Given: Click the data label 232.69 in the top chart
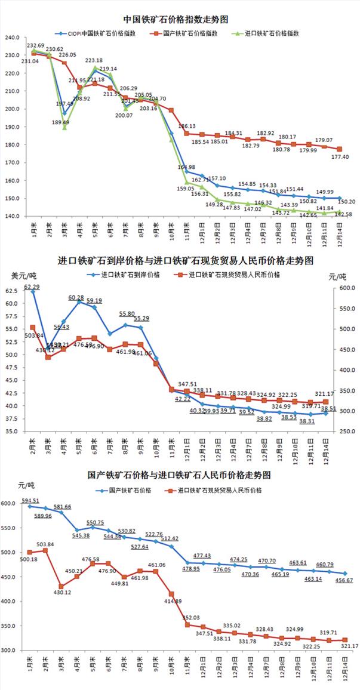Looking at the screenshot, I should [36, 45].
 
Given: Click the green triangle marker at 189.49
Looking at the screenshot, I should [64, 127].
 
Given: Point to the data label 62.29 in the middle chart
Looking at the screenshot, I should [32, 287].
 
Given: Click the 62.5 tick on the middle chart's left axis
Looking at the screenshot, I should [13, 291].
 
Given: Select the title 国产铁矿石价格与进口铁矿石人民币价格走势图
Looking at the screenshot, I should [180, 476].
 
